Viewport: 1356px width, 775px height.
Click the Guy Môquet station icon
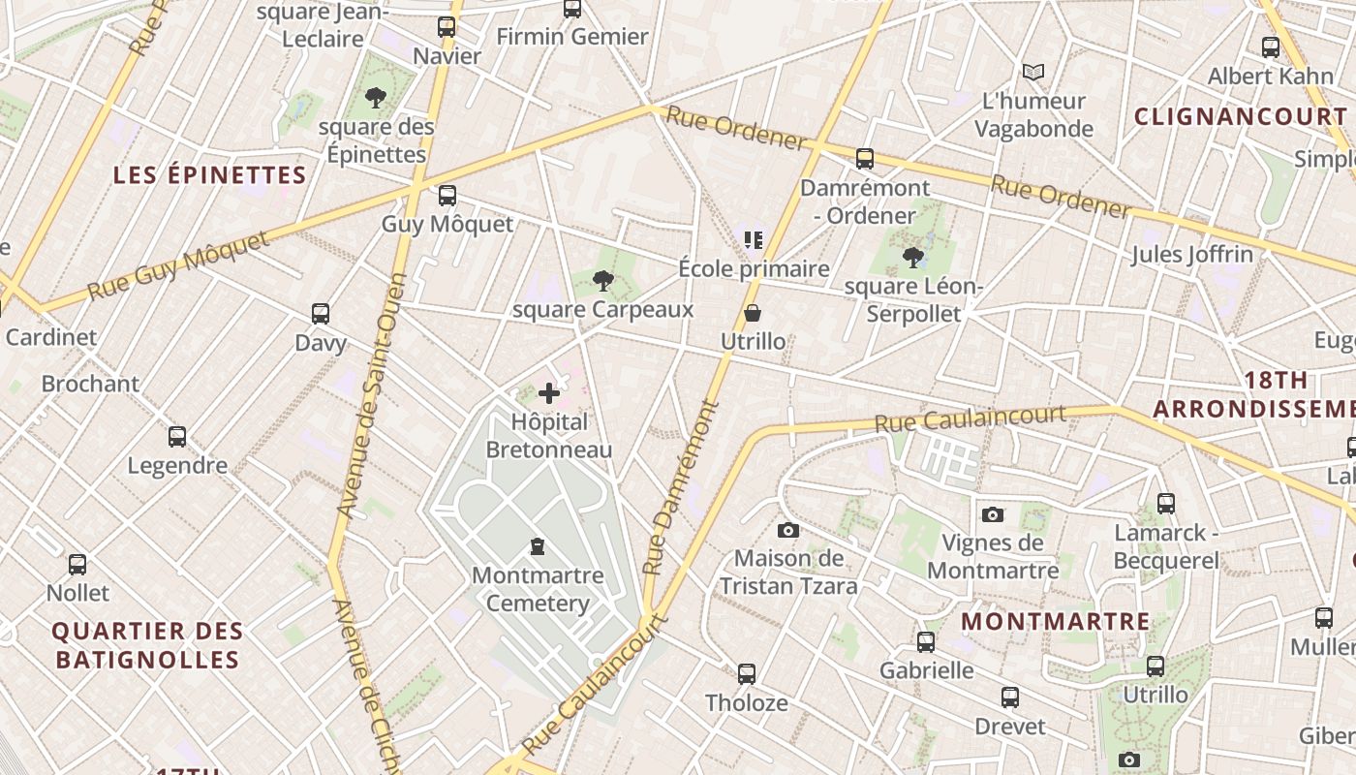tap(447, 196)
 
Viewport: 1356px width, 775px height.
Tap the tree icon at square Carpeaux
tap(602, 281)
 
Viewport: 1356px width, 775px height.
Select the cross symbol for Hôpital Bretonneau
tap(549, 392)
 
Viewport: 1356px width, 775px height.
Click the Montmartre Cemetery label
tap(538, 589)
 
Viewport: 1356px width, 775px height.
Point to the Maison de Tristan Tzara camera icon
tap(788, 530)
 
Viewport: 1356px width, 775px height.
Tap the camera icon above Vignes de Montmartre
tap(992, 514)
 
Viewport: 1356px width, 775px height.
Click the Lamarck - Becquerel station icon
tap(1166, 504)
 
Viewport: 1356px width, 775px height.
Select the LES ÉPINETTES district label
tap(210, 175)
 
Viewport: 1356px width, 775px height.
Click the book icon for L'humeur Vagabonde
tap(1033, 72)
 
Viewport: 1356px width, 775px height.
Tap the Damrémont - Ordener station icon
tap(865, 159)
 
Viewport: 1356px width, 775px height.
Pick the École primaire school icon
tap(754, 239)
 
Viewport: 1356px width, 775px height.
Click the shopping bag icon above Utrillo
tap(753, 313)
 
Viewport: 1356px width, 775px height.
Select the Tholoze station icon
tap(746, 674)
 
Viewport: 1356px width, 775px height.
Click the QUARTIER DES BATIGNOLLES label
tap(146, 645)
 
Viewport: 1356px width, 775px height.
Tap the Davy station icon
tap(321, 314)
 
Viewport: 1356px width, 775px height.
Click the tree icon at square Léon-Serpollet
tap(912, 257)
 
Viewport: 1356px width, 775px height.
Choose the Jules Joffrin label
tap(1191, 255)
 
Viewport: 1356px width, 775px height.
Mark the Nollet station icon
tap(77, 564)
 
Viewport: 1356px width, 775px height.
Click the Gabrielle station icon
tap(926, 641)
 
